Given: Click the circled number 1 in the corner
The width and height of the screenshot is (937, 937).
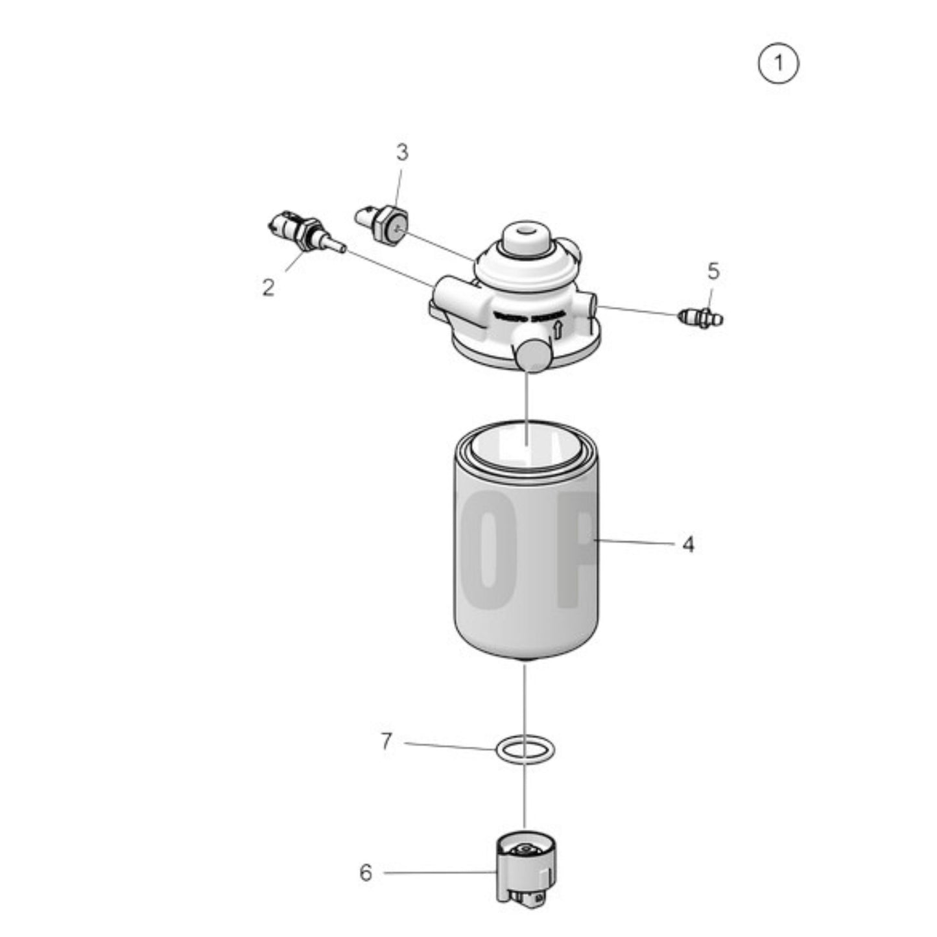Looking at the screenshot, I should point(778,63).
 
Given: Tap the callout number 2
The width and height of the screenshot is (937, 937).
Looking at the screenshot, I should point(268,287).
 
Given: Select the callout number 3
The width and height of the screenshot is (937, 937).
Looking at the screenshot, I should point(402,153).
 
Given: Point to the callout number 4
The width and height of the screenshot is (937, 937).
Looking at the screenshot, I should point(688,545).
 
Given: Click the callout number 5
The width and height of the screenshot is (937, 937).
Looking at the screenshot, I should point(713,271).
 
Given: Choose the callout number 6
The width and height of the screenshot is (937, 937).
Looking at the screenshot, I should point(366,873).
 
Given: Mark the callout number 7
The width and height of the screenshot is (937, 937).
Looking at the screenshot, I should point(386,741).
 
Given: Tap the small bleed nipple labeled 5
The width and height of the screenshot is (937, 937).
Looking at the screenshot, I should point(700,318).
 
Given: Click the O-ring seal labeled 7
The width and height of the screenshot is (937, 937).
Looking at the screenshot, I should point(525,750).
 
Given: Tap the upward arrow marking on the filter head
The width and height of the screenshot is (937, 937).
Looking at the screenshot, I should point(556,331).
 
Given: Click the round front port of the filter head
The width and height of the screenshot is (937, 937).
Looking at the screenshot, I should point(532,355).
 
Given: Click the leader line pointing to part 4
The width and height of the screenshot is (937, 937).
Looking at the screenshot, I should point(635,542).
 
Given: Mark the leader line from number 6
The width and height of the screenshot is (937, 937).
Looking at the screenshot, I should point(441,873).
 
